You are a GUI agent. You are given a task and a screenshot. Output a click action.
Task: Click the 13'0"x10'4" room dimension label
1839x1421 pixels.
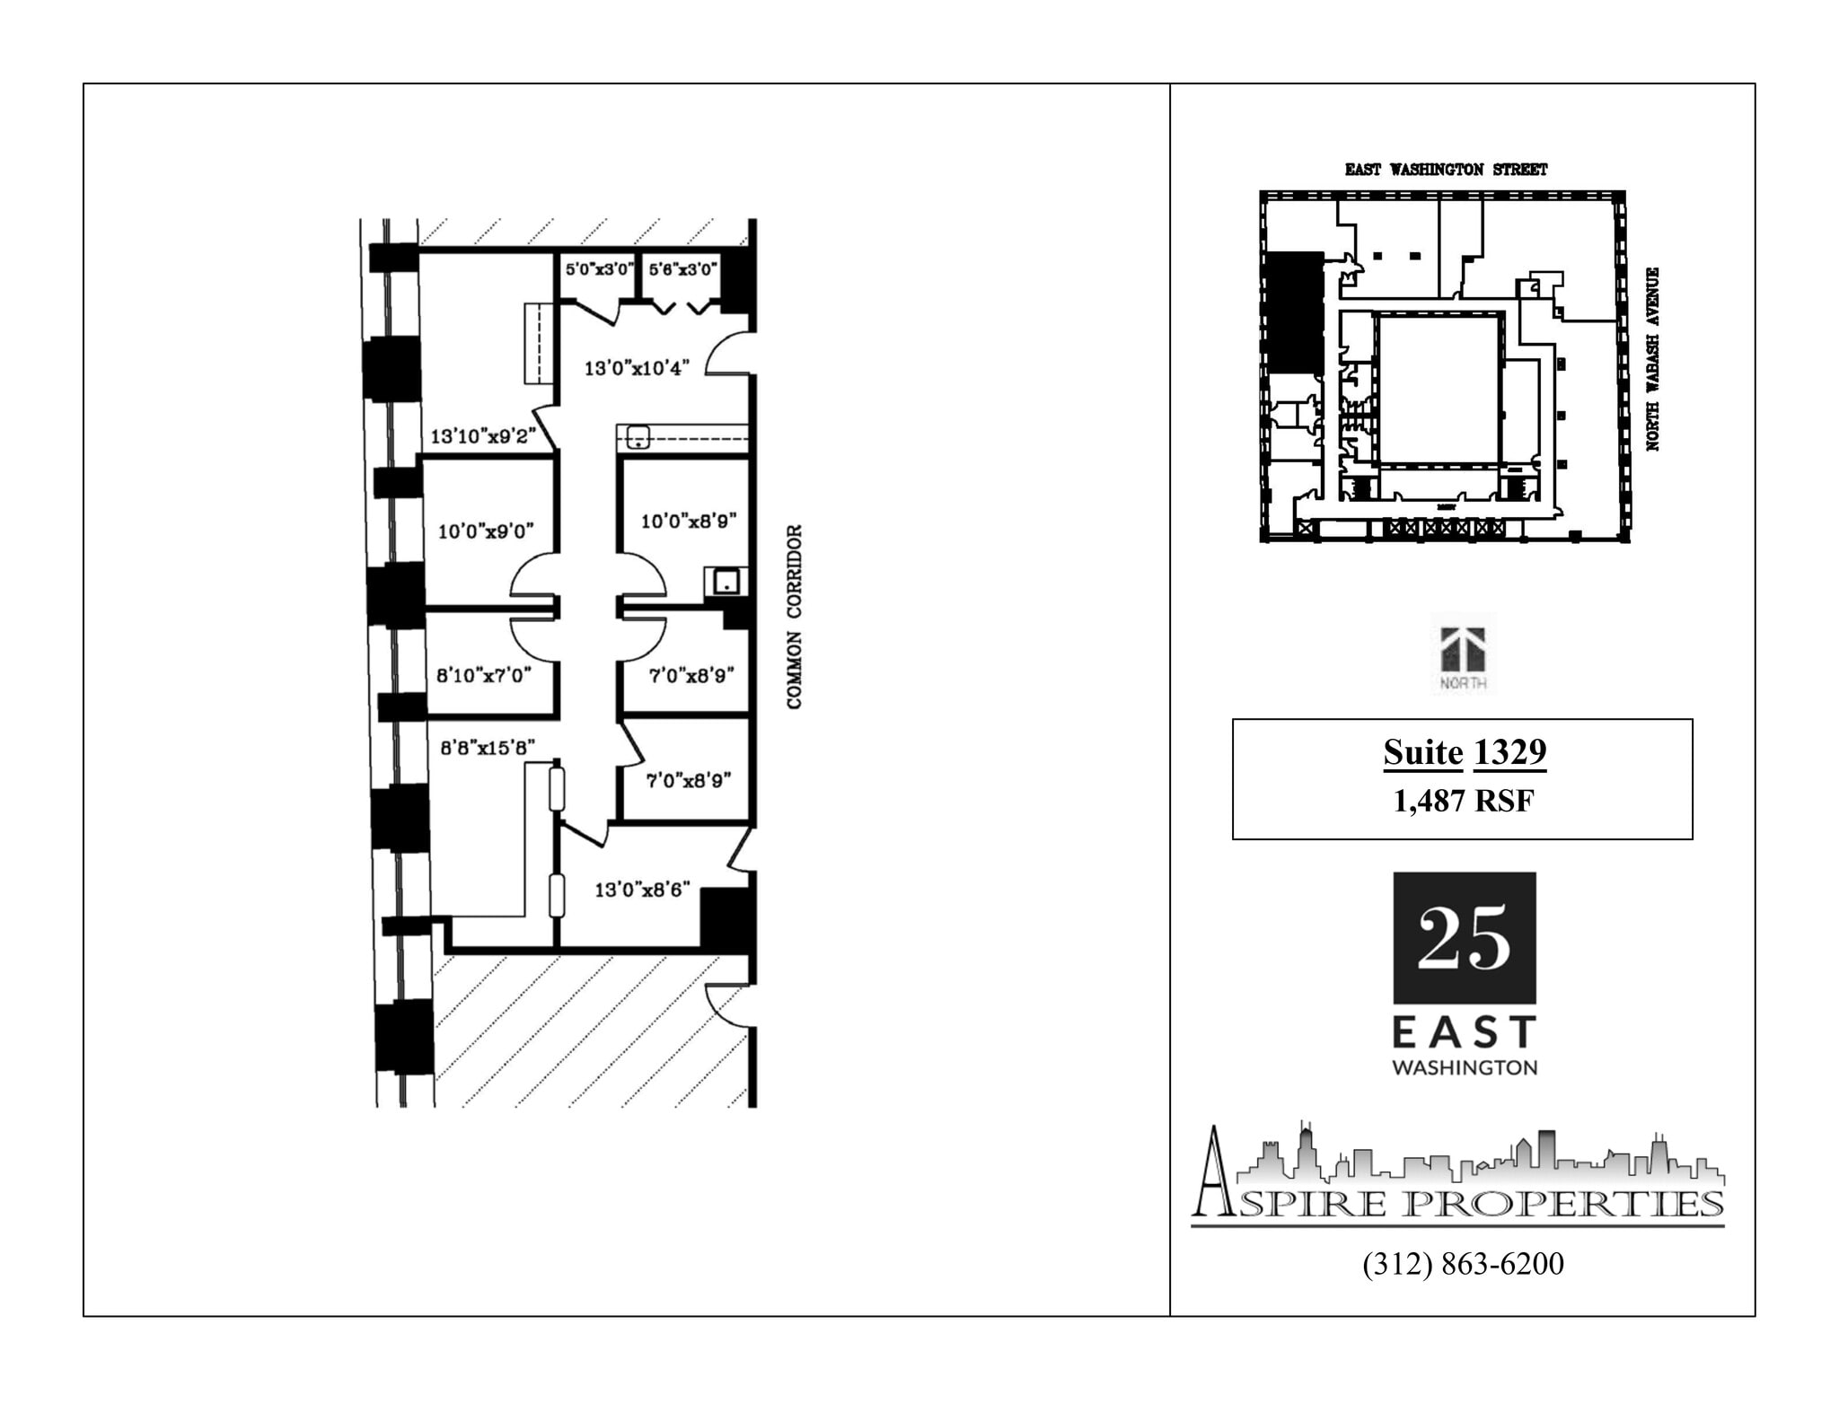(636, 368)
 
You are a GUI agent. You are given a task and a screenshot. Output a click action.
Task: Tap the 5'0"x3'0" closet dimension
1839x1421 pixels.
(599, 269)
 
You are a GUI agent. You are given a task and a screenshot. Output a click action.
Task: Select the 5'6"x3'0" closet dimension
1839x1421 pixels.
(682, 269)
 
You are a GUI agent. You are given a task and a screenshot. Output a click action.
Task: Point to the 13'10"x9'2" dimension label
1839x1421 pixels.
(483, 437)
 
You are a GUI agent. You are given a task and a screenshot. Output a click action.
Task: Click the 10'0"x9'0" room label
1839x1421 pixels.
(486, 531)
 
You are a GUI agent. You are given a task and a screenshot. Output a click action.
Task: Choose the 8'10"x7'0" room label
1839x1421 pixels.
(484, 675)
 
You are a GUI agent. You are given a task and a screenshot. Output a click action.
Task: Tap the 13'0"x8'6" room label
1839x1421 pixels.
(642, 890)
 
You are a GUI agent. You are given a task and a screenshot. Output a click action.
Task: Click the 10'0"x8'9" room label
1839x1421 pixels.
(688, 522)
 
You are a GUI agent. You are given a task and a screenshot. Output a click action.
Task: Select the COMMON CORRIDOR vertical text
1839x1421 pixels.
(794, 617)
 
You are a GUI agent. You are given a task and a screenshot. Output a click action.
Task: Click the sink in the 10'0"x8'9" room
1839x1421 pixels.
(726, 583)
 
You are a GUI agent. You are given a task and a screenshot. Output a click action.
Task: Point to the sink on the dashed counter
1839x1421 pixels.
(638, 437)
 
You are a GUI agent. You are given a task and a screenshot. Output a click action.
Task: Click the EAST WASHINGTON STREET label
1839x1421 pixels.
(1446, 170)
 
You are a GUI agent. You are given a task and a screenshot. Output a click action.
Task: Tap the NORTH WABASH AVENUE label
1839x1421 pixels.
(1652, 359)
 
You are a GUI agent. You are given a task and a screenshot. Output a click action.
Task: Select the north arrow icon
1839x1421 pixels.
(1463, 651)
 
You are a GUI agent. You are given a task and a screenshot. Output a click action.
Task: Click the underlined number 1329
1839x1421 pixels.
(1509, 752)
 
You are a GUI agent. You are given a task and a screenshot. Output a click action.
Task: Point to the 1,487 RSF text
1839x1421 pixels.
(1463, 801)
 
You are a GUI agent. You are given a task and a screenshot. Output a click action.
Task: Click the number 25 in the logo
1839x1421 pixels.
(1464, 938)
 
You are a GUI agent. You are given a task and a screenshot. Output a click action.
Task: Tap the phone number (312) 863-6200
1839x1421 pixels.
(1463, 1264)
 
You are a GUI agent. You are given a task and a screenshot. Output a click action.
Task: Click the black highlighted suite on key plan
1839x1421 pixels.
(1294, 312)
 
